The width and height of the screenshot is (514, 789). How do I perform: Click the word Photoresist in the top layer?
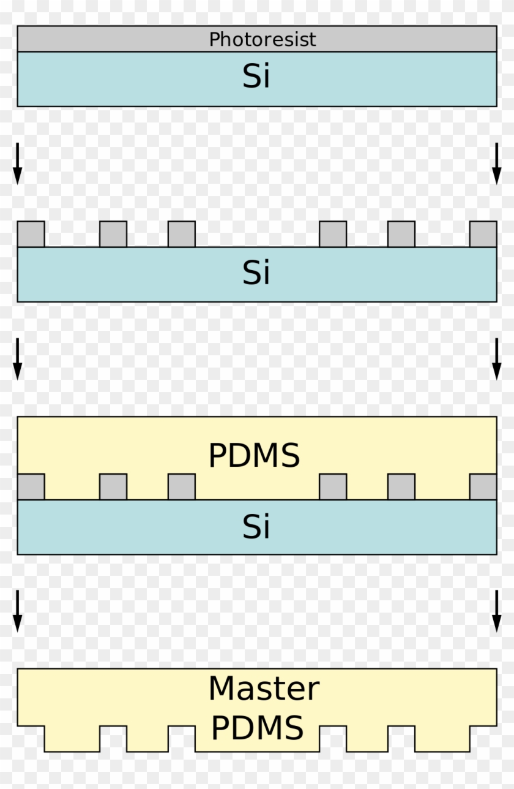(x=263, y=40)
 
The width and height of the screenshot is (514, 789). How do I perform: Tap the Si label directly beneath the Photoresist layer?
(x=256, y=77)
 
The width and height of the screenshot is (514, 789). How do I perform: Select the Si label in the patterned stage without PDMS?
(x=256, y=273)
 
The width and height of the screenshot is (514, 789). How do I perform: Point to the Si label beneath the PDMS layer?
(x=256, y=526)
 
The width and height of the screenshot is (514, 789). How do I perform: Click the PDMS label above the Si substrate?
(x=254, y=456)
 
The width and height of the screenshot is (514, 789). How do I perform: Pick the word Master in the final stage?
(x=264, y=689)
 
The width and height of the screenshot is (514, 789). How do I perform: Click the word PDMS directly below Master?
(x=257, y=728)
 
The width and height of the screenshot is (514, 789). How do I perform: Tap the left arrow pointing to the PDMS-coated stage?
(x=17, y=358)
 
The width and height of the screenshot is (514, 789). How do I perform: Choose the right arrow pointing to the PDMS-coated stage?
(x=497, y=358)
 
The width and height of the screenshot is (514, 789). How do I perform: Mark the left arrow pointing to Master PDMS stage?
(x=17, y=611)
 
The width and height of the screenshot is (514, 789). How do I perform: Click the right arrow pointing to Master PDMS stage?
(x=497, y=611)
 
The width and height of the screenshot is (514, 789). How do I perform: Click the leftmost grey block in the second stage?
(x=31, y=234)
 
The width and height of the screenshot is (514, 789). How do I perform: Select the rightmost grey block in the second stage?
(x=483, y=234)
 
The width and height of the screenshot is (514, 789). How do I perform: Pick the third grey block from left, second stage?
(x=182, y=234)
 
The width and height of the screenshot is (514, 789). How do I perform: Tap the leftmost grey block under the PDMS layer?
(x=31, y=487)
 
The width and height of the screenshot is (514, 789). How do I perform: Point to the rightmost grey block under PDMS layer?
(x=483, y=487)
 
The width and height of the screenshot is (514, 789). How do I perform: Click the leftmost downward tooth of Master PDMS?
(x=72, y=739)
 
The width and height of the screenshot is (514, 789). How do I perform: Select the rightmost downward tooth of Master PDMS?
(x=442, y=739)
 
